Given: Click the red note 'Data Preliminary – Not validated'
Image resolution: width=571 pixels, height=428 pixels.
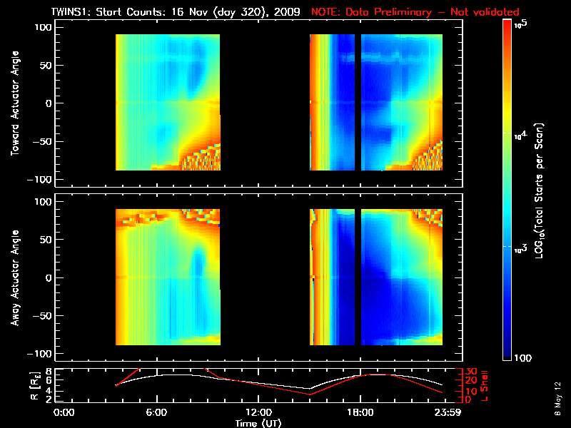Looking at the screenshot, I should (x=415, y=12).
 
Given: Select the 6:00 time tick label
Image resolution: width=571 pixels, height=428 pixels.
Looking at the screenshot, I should (x=157, y=412).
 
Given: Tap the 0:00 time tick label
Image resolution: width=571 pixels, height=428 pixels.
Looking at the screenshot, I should (x=64, y=412).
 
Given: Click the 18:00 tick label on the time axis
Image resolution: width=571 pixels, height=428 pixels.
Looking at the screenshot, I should (x=360, y=412).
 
